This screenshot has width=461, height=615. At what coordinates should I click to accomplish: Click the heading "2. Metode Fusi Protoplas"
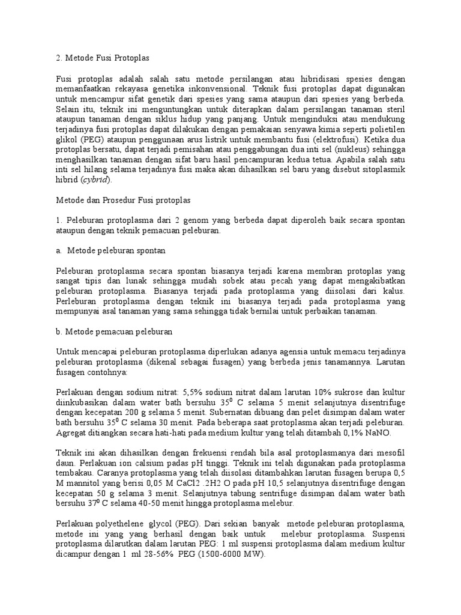point(101,58)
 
